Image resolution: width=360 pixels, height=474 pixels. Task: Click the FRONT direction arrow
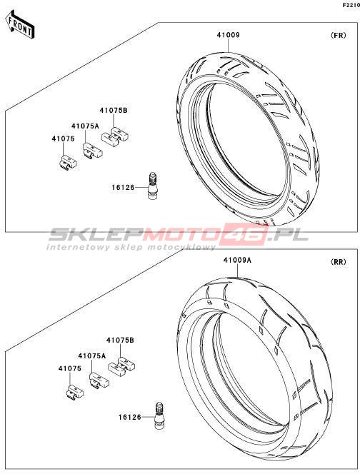[20, 24]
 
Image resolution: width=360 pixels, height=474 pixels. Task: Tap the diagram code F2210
[351, 5]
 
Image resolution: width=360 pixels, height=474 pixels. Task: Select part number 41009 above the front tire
[228, 35]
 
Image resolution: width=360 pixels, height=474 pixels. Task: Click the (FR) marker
[339, 35]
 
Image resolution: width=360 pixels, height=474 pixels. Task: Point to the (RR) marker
[339, 262]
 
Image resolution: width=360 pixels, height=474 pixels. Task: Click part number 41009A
[237, 260]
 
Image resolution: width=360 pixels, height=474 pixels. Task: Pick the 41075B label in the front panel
[114, 111]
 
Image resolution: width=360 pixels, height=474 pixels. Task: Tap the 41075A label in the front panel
[85, 126]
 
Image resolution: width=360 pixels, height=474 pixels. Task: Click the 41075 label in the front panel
[64, 138]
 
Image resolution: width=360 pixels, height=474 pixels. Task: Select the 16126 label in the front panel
[123, 188]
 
